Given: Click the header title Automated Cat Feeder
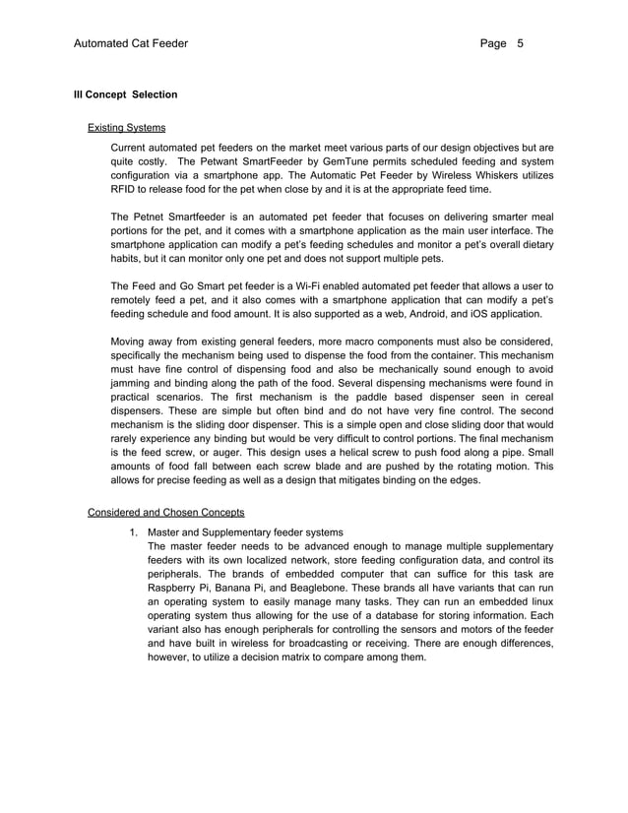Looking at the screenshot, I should [131, 44].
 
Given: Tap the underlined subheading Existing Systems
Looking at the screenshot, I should [126, 128].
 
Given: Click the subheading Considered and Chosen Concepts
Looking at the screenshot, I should [165, 512].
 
